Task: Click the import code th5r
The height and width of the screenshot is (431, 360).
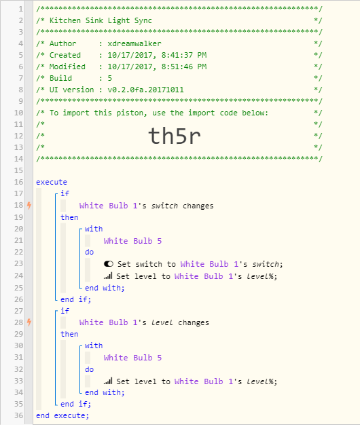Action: coord(175,136)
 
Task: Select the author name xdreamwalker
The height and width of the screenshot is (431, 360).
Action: coord(134,43)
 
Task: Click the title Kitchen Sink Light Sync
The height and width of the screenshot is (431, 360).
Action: coord(101,20)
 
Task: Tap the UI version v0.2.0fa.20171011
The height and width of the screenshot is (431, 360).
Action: coord(145,90)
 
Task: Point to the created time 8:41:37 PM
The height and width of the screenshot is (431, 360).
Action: coord(184,55)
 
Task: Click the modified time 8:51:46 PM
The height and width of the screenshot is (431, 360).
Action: coord(184,67)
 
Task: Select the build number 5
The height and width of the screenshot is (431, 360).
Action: coord(110,78)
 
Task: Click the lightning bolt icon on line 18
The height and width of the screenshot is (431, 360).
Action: coord(29,206)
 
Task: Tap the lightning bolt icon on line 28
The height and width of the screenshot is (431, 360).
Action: coord(29,322)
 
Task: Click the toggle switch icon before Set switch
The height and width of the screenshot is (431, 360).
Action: coord(109,264)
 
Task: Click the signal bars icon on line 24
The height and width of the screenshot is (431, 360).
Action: coord(108,276)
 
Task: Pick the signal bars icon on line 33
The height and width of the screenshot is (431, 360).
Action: coord(108,381)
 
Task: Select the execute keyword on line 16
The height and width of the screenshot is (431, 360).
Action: coord(52,182)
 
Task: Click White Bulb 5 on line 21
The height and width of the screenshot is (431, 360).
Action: coord(132,241)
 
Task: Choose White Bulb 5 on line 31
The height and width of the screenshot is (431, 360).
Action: coord(132,358)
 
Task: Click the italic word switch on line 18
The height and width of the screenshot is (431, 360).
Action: coord(164,206)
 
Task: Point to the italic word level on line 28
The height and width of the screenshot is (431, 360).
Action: coord(162,322)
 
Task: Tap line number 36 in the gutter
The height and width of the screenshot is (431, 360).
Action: coord(19,415)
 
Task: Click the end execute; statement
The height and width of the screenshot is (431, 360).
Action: coord(62,415)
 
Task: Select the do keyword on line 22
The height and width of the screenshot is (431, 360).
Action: coord(90,252)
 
